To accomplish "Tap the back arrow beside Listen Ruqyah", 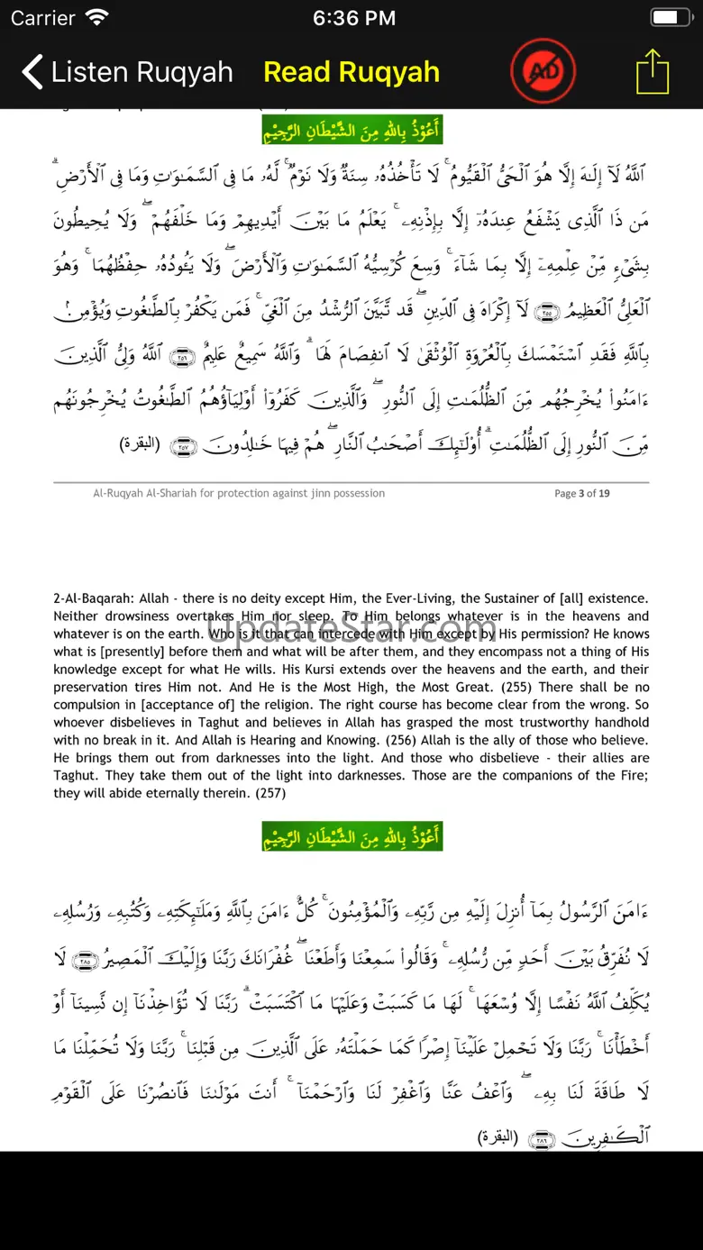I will (x=32, y=72).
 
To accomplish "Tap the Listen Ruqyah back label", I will (x=142, y=72).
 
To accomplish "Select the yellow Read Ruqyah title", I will (x=351, y=72).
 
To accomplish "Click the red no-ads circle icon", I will (x=543, y=70).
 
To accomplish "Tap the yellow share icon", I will (x=653, y=71).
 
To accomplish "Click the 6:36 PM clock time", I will (x=353, y=17).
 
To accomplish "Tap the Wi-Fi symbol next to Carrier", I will (x=96, y=17).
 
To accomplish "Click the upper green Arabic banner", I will (x=351, y=128).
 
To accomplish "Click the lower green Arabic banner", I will (x=351, y=835).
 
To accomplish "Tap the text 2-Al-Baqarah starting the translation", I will (x=94, y=598).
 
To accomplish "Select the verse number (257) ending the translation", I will (x=269, y=793).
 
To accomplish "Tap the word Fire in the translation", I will (x=630, y=775).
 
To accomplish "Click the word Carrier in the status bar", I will (x=43, y=17).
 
